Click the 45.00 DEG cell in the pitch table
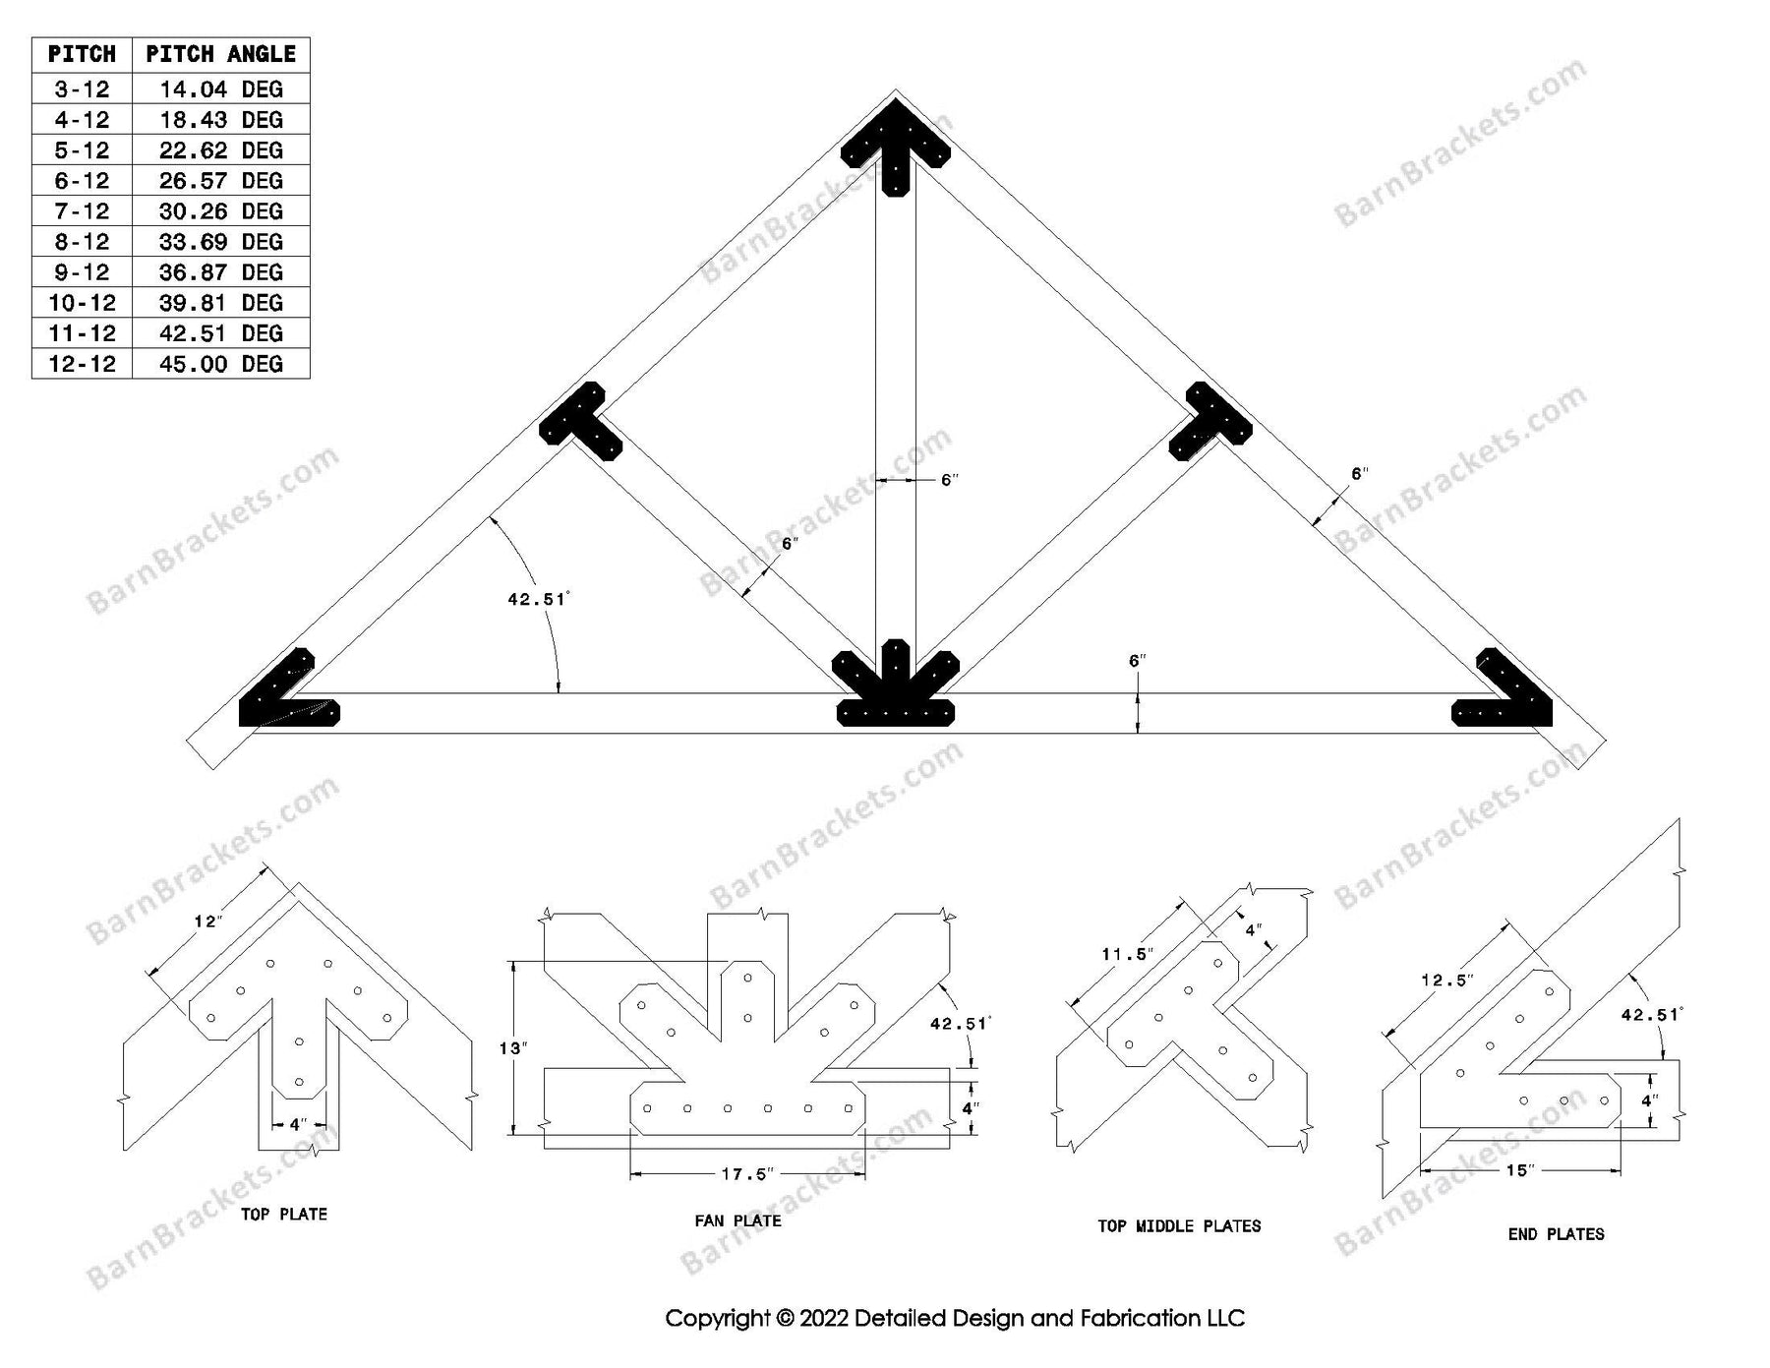pos(220,364)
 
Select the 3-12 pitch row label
pos(82,89)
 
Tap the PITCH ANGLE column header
pos(220,54)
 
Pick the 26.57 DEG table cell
pos(220,181)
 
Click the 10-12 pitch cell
pos(82,303)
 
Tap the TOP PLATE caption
pos(283,1215)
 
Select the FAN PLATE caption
pos(737,1220)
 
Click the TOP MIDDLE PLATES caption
pos(1179,1226)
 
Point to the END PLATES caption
pos(1556,1234)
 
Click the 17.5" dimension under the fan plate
pos(747,1174)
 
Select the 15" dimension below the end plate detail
pos(1519,1170)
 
